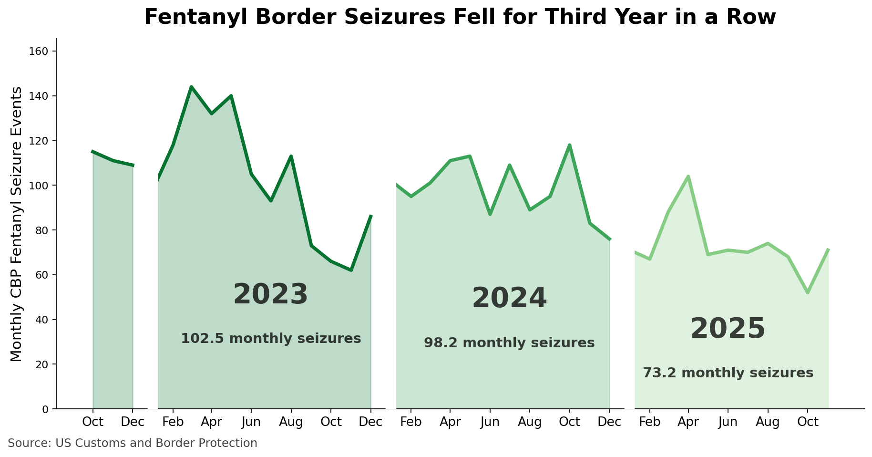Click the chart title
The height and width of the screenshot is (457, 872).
pyautogui.click(x=460, y=17)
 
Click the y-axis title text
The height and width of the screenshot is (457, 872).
pyautogui.click(x=16, y=224)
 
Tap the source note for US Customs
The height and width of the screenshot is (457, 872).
pyautogui.click(x=133, y=443)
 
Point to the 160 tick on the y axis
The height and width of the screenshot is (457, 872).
pyautogui.click(x=42, y=52)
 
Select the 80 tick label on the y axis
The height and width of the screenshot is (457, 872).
pyautogui.click(x=42, y=230)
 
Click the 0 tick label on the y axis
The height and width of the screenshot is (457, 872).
pyautogui.click(x=45, y=409)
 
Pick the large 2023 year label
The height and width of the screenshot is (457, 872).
pyautogui.click(x=270, y=294)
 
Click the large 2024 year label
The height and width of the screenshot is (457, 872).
pyautogui.click(x=509, y=298)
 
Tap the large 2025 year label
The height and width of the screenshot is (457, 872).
pyautogui.click(x=728, y=329)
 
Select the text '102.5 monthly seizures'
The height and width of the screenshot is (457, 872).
pyautogui.click(x=271, y=339)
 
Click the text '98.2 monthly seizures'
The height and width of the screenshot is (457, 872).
pyautogui.click(x=509, y=343)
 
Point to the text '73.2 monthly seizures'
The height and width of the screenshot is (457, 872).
pyautogui.click(x=728, y=373)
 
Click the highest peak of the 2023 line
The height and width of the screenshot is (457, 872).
pyautogui.click(x=191, y=87)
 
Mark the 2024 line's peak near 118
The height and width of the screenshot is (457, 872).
pyautogui.click(x=569, y=145)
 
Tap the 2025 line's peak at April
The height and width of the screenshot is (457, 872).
pyautogui.click(x=688, y=176)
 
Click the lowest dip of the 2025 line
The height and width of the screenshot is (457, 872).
pyautogui.click(x=807, y=292)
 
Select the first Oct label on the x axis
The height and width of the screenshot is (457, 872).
pyautogui.click(x=92, y=422)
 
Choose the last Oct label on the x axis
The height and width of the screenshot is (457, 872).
pyautogui.click(x=808, y=422)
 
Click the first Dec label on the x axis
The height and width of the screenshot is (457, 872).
pyautogui.click(x=133, y=422)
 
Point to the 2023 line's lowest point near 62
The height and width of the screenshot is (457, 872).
pyautogui.click(x=351, y=270)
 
